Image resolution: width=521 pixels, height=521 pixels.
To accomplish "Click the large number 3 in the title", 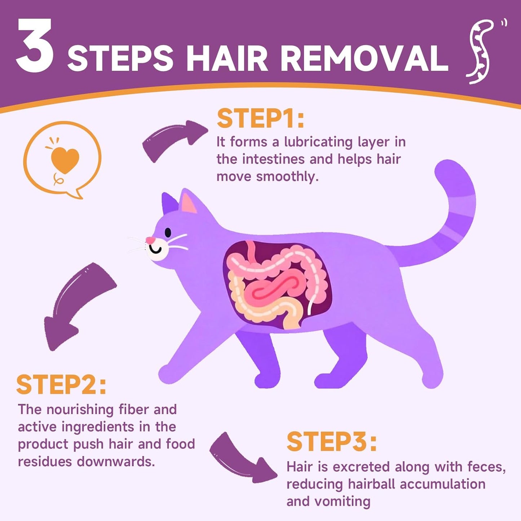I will point(35,46).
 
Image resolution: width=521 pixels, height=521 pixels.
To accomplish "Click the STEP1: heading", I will point(260,119).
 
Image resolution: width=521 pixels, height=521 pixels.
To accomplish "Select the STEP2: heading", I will point(61,385).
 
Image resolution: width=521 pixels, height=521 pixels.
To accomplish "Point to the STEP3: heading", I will point(331,442).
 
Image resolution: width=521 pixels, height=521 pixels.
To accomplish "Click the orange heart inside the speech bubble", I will point(65,160).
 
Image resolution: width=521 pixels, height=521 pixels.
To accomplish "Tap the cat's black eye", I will point(168,233).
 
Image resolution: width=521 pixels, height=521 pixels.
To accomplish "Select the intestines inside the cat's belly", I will point(276,285).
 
